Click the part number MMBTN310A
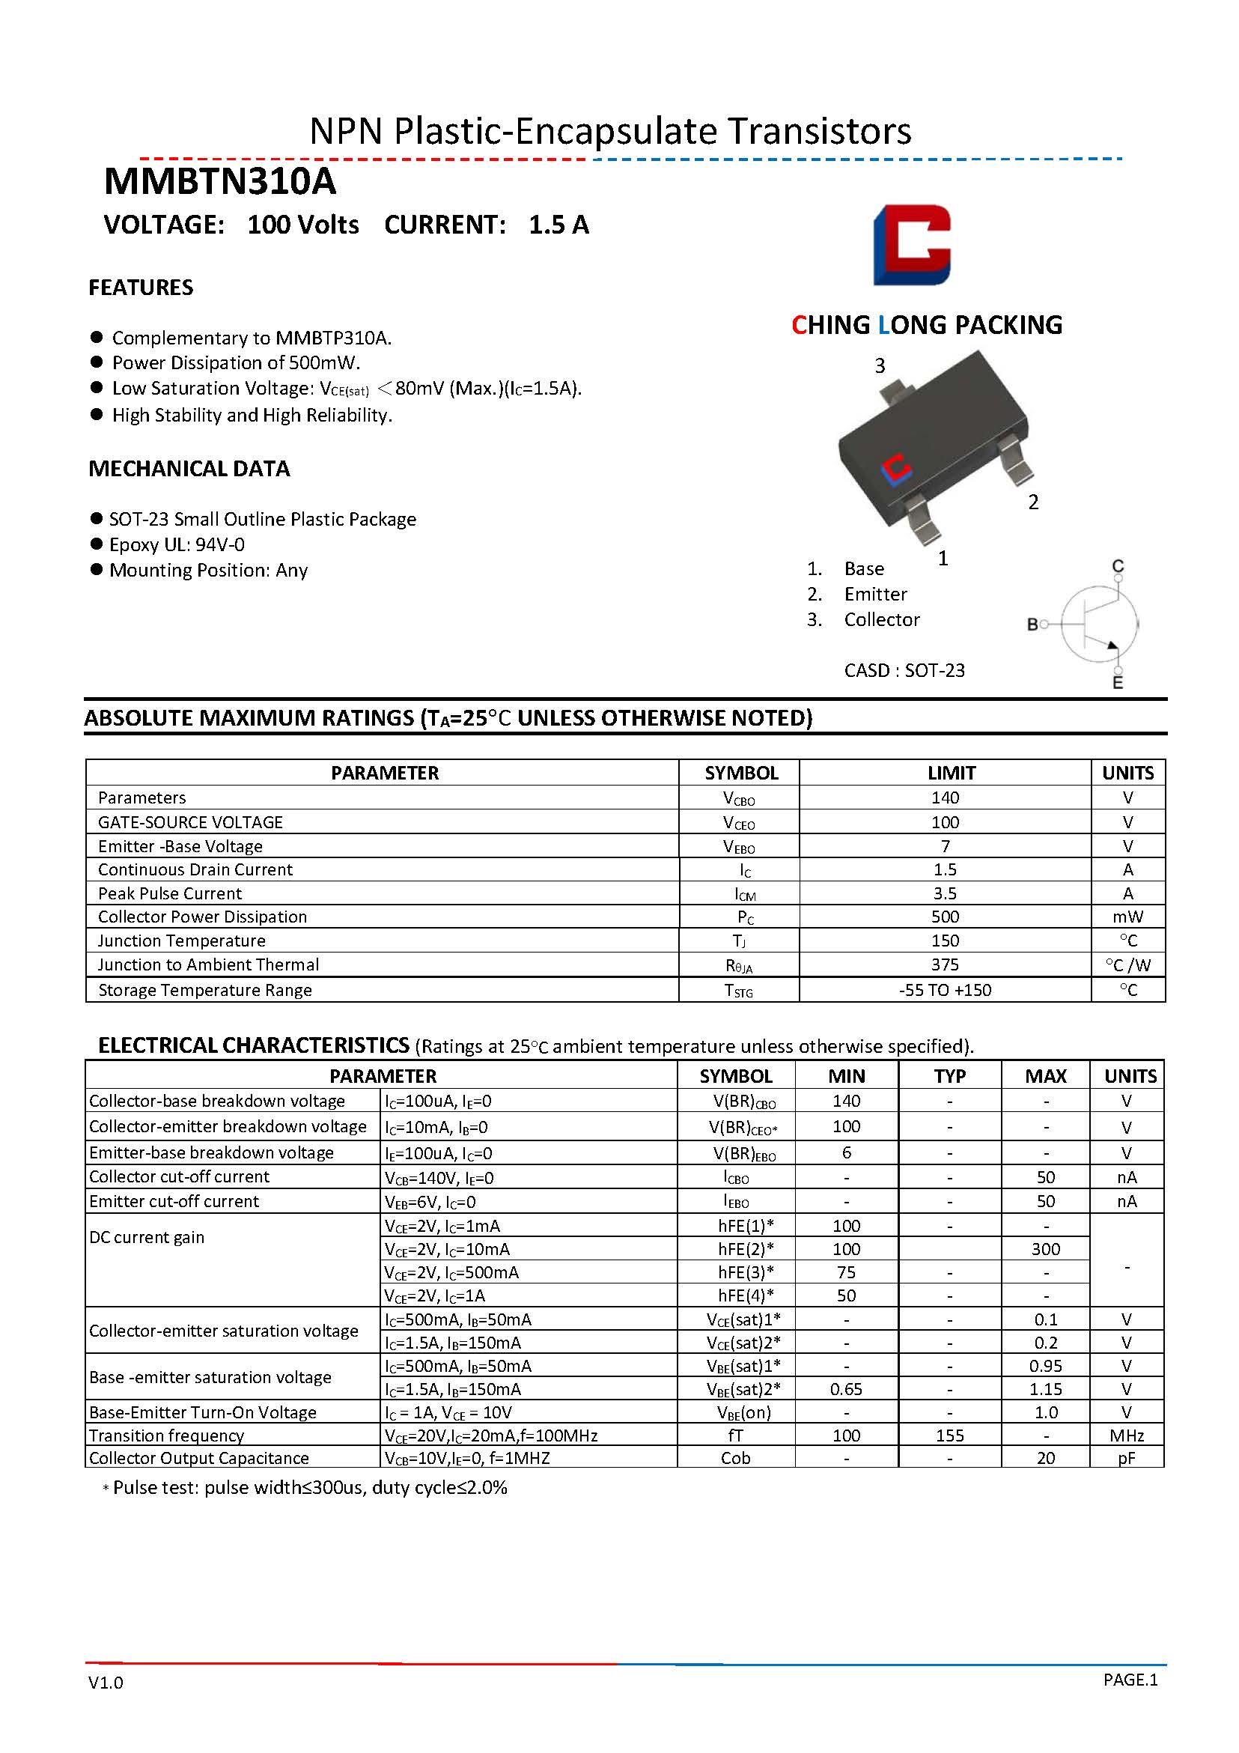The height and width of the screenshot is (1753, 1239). click(220, 182)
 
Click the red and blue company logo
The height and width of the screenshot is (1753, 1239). click(912, 245)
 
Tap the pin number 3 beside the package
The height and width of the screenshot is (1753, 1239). click(880, 365)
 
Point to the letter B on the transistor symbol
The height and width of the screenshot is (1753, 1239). click(1032, 625)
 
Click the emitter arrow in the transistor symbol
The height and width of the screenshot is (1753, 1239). click(1112, 648)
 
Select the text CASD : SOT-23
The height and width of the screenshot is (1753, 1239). click(904, 670)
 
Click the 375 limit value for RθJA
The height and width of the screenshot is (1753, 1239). click(945, 965)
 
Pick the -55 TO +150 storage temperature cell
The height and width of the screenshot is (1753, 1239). click(945, 990)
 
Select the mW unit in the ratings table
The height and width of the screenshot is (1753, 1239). click(1127, 917)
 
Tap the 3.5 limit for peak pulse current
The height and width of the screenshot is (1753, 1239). click(945, 893)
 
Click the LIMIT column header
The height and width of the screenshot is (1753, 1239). click(952, 773)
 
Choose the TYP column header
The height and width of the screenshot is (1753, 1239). click(950, 1076)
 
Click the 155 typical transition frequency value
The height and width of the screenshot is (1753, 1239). click(950, 1435)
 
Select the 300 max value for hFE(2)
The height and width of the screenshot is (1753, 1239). click(1045, 1249)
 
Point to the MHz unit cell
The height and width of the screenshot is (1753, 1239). click(1127, 1435)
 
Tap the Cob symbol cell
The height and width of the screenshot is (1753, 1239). click(735, 1458)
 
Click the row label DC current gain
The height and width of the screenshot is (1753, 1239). click(147, 1237)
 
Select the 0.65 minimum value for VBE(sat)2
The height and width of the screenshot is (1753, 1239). click(846, 1389)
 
